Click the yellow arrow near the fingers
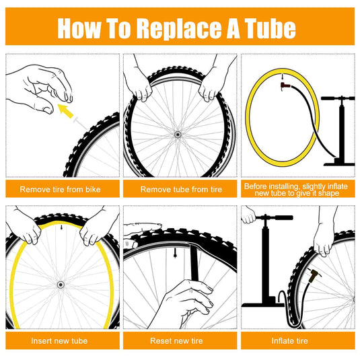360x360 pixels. (x=65, y=111)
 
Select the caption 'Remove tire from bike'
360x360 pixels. (x=60, y=189)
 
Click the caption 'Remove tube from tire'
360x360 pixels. (x=181, y=189)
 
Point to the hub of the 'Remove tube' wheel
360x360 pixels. (x=177, y=135)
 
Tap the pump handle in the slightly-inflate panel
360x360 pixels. (x=338, y=98)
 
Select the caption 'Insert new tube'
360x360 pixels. (x=59, y=340)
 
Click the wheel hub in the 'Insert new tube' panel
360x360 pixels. (x=61, y=285)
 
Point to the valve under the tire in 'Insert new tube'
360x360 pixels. (x=61, y=227)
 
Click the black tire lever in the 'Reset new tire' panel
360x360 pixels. (x=194, y=263)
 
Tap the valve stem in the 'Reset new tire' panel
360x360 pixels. (x=175, y=253)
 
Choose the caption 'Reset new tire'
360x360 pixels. (x=176, y=340)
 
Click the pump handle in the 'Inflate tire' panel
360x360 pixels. (x=275, y=217)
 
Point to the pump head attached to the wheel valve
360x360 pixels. (x=314, y=276)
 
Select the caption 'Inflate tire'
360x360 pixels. (x=290, y=340)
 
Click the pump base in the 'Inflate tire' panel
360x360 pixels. (x=263, y=305)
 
